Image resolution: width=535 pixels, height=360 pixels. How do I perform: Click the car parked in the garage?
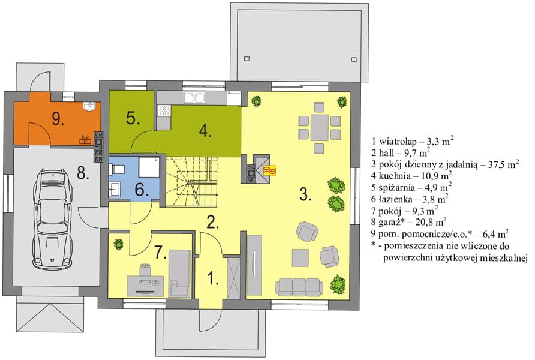[53, 219]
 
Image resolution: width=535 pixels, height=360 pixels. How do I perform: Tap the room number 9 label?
[58, 119]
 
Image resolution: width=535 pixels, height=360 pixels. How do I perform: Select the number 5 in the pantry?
[133, 118]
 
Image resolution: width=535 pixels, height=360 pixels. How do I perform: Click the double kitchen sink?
[194, 98]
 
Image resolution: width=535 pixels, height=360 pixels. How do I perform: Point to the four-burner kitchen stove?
[164, 111]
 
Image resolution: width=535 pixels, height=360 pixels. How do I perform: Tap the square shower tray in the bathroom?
[149, 167]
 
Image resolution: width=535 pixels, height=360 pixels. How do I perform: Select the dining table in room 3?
[319, 128]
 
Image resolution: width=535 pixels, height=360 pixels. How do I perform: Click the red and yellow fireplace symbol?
[269, 170]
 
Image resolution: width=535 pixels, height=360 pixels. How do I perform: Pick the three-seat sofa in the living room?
[299, 287]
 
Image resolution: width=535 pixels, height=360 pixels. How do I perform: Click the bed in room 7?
[179, 274]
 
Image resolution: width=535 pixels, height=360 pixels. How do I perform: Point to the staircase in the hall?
[191, 182]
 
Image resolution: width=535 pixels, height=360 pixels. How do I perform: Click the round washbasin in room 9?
[90, 107]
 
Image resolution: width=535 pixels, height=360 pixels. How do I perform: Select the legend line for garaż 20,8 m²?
[409, 222]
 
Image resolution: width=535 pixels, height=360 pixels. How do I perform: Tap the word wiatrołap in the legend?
[398, 141]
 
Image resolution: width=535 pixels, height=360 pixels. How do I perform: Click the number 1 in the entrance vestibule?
[213, 278]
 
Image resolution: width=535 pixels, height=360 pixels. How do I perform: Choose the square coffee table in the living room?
[300, 257]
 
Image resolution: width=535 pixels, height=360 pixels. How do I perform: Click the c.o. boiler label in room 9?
[85, 137]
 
